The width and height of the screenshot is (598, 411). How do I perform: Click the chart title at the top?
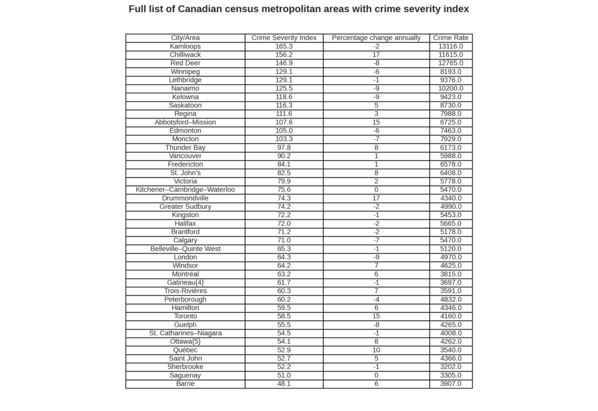coord(298,9)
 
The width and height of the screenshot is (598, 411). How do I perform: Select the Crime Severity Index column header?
coord(284,38)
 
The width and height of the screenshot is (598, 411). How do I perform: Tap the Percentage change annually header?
coord(376,38)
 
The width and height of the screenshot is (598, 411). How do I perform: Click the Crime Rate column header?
coord(451,38)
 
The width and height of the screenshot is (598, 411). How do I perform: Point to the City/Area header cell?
coord(185,38)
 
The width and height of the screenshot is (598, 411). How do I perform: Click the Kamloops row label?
coord(185,46)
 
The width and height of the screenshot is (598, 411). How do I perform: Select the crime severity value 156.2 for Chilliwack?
coord(284,54)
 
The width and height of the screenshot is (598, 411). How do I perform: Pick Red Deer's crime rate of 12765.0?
coord(451,63)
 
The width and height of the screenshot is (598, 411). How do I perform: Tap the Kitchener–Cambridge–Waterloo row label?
coord(185,190)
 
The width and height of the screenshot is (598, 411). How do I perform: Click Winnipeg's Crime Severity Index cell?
coord(284,71)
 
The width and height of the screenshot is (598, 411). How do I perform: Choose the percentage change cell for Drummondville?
coord(376,198)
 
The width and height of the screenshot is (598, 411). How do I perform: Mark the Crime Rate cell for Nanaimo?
coord(451,89)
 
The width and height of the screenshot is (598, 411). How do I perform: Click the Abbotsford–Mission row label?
coord(185,122)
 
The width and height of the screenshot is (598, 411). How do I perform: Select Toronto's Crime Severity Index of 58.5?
coord(284,316)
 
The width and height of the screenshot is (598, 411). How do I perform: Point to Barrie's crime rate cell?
coord(451,383)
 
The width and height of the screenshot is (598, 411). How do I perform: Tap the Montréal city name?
coord(185,274)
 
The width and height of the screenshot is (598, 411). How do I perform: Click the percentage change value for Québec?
coord(376,350)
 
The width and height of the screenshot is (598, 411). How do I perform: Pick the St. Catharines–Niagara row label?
coord(185,333)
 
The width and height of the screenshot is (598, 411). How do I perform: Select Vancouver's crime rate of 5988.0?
coord(451,156)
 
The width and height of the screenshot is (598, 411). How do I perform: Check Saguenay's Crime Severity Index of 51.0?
coord(284,375)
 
